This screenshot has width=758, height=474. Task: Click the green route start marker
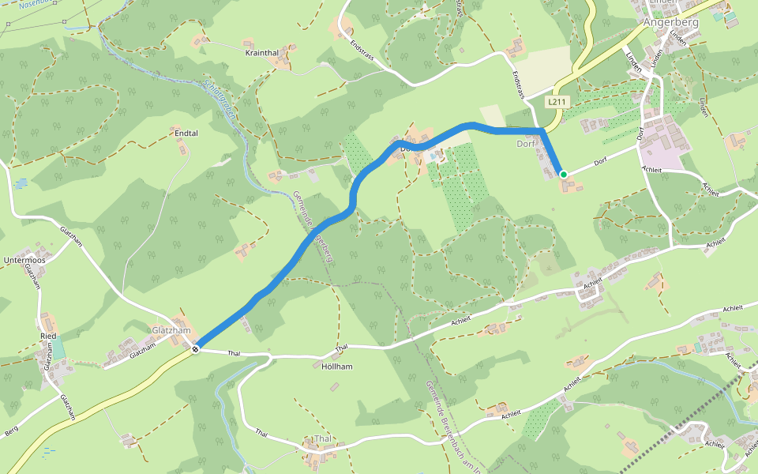(563, 174)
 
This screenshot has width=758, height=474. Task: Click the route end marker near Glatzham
(195, 348)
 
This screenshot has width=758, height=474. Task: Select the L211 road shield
(557, 102)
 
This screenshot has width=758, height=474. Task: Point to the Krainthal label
(262, 53)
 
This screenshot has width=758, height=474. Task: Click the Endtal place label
(186, 134)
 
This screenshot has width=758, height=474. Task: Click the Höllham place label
(337, 367)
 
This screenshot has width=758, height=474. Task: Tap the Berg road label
(11, 431)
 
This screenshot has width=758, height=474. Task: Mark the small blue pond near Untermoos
(20, 183)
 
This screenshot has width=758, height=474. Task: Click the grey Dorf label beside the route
(526, 144)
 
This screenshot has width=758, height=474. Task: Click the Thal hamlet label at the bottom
(323, 438)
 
